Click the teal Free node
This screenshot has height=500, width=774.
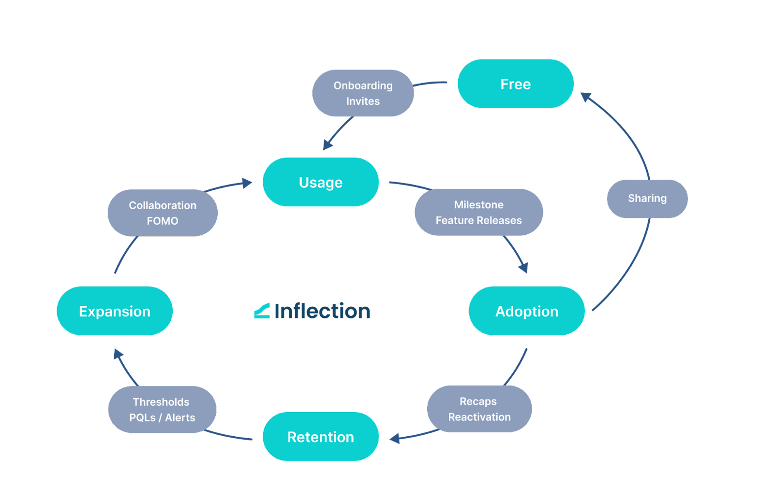pyautogui.click(x=515, y=84)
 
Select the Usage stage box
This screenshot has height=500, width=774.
pyautogui.click(x=320, y=182)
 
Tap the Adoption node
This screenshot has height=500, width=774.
pyautogui.click(x=526, y=311)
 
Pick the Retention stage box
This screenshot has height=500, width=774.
pyautogui.click(x=320, y=437)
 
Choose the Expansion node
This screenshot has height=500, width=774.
pyautogui.click(x=115, y=311)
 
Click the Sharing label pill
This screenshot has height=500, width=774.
pyautogui.click(x=647, y=199)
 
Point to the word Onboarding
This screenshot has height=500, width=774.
pyautogui.click(x=363, y=86)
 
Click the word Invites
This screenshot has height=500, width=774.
pyautogui.click(x=363, y=101)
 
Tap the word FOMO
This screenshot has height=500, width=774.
pyautogui.click(x=163, y=221)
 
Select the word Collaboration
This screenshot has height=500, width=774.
pyautogui.click(x=163, y=205)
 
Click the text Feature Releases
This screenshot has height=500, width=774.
pyautogui.click(x=478, y=220)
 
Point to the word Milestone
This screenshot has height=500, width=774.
pyautogui.click(x=478, y=205)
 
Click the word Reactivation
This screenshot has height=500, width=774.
pyautogui.click(x=479, y=417)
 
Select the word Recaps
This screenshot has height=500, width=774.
pyautogui.click(x=478, y=401)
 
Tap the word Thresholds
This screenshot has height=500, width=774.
pyautogui.click(x=161, y=402)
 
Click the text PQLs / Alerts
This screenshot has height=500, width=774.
pyautogui.click(x=162, y=417)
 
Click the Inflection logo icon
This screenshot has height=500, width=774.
pyautogui.click(x=262, y=311)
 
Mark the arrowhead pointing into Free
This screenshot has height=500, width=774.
pyautogui.click(x=586, y=97)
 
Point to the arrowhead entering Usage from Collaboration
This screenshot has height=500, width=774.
pyautogui.click(x=247, y=183)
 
